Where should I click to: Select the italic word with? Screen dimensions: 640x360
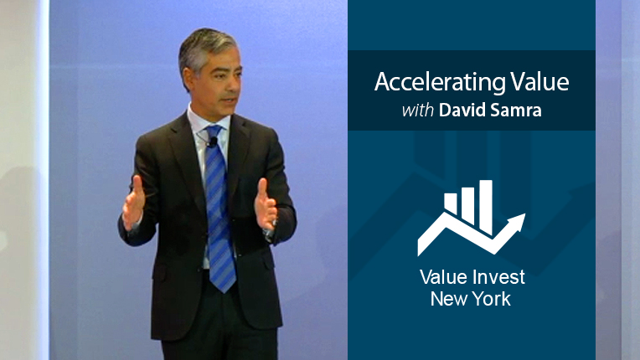[417, 110]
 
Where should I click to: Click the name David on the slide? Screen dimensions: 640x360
[462, 110]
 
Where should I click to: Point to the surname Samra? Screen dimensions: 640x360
[515, 110]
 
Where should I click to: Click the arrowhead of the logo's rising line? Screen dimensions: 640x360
[514, 224]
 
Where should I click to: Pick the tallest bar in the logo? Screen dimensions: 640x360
[486, 207]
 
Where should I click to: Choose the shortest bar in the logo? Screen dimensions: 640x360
[451, 203]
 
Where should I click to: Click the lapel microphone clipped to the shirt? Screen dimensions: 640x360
[212, 141]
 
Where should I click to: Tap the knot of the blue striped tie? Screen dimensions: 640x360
[214, 133]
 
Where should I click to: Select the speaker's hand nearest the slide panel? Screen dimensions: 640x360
[266, 204]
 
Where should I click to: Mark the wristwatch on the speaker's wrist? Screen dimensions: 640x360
[270, 234]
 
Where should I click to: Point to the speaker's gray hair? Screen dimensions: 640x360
[204, 47]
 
